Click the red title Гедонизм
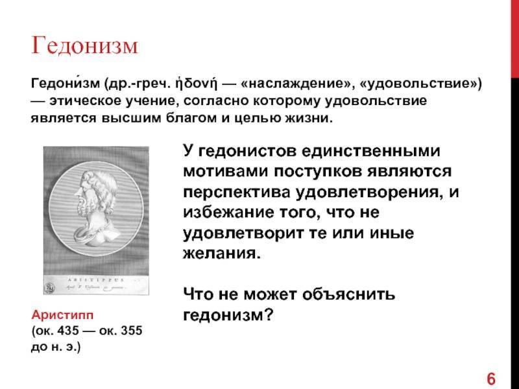point(84,45)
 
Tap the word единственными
point(371,151)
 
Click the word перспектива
point(236,193)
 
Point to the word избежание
point(228,213)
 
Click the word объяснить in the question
point(348,294)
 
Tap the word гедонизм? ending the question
point(228,315)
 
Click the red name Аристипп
point(62,315)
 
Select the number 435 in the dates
point(69,331)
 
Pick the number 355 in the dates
point(131,331)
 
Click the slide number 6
point(491,379)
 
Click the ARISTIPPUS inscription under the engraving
point(96,280)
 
